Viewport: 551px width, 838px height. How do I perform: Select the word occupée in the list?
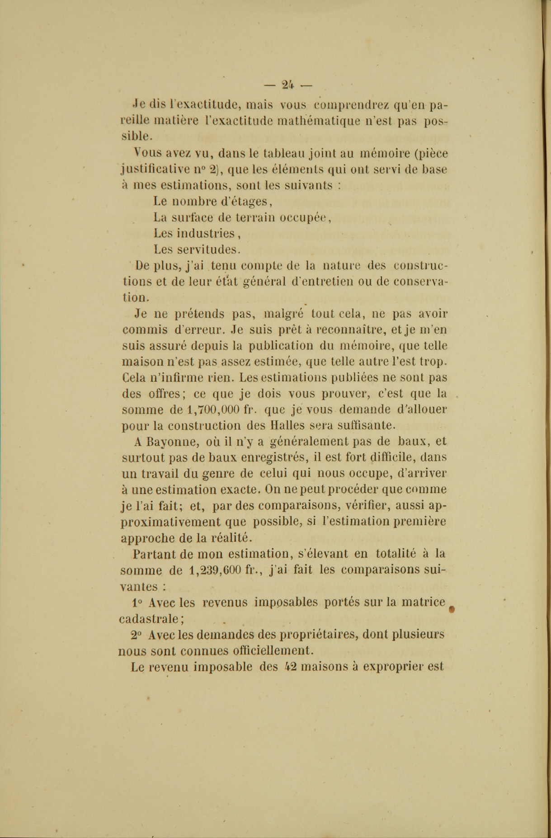click(x=305, y=217)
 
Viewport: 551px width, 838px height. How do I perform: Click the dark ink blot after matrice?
click(x=452, y=609)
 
